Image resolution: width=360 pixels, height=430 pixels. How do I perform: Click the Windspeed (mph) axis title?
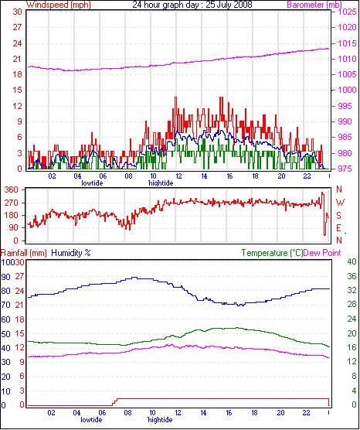tap(59, 5)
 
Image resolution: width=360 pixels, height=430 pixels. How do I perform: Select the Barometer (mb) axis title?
tap(314, 5)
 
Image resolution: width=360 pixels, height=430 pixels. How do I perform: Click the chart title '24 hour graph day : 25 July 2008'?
tap(192, 5)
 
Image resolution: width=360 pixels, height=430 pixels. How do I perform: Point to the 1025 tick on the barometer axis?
tap(348, 12)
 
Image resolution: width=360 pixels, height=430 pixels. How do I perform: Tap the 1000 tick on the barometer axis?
tap(348, 90)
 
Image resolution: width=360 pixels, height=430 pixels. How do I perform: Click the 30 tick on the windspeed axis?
tap(17, 12)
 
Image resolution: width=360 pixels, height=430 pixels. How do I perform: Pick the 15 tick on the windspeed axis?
tap(17, 90)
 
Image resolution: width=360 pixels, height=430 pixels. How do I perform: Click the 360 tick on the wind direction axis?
tap(12, 189)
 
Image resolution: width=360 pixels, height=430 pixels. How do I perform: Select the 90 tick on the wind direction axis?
tap(13, 227)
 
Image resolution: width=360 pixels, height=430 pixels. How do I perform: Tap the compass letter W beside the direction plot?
tap(340, 203)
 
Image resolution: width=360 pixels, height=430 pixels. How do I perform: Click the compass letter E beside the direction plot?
tap(339, 228)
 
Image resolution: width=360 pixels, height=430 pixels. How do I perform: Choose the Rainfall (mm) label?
tap(23, 253)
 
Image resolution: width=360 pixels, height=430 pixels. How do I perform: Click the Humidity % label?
tap(71, 253)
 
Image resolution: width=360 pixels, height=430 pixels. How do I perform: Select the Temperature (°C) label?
tap(272, 253)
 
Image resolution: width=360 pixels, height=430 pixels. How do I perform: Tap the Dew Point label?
tap(322, 253)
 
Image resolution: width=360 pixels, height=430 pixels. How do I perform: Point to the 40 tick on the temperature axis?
tap(352, 261)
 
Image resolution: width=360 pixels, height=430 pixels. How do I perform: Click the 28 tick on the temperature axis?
tap(352, 305)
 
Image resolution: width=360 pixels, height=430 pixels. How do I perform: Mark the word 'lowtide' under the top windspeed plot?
tap(92, 183)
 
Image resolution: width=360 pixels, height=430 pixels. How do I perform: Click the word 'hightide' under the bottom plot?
tap(160, 420)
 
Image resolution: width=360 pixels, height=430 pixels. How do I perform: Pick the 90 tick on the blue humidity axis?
tap(5, 277)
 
